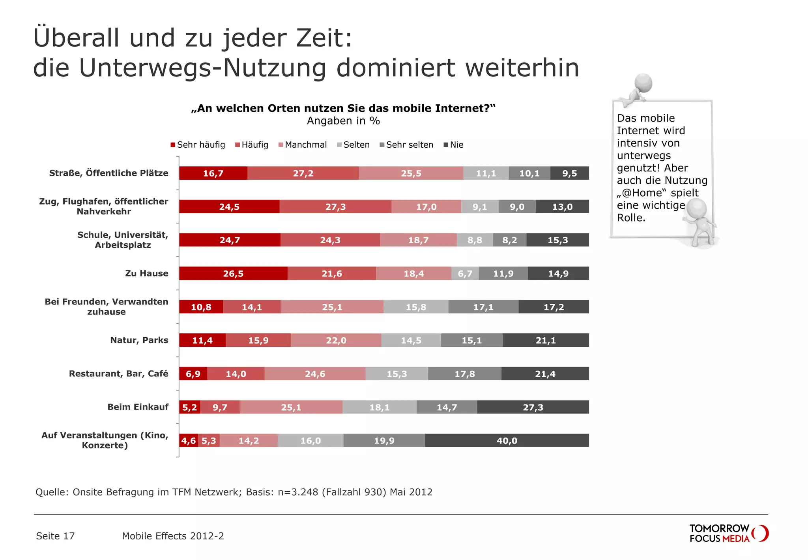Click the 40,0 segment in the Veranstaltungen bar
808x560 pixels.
pyautogui.click(x=507, y=441)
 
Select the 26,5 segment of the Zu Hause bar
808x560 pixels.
pyautogui.click(x=233, y=274)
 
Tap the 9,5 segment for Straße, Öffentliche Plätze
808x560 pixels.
pyautogui.click(x=569, y=173)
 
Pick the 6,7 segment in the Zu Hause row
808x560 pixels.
pyautogui.click(x=465, y=274)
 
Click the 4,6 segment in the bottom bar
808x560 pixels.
pyautogui.click(x=189, y=441)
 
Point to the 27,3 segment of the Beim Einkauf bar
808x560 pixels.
pyautogui.click(x=533, y=407)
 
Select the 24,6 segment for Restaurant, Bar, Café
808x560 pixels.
pyautogui.click(x=315, y=374)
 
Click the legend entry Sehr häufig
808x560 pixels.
pyautogui.click(x=198, y=145)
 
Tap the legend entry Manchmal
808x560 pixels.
pyautogui.click(x=303, y=145)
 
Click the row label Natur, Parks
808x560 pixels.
pyautogui.click(x=139, y=340)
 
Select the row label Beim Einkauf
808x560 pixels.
pyautogui.click(x=138, y=407)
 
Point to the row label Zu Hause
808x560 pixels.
pyautogui.click(x=146, y=273)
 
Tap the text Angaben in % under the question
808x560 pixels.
pyautogui.click(x=343, y=121)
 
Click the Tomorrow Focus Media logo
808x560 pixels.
pyautogui.click(x=728, y=533)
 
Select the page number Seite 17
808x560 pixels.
pyautogui.click(x=55, y=536)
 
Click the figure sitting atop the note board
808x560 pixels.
pyautogui.click(x=638, y=89)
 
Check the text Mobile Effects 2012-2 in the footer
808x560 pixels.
pyautogui.click(x=173, y=536)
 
